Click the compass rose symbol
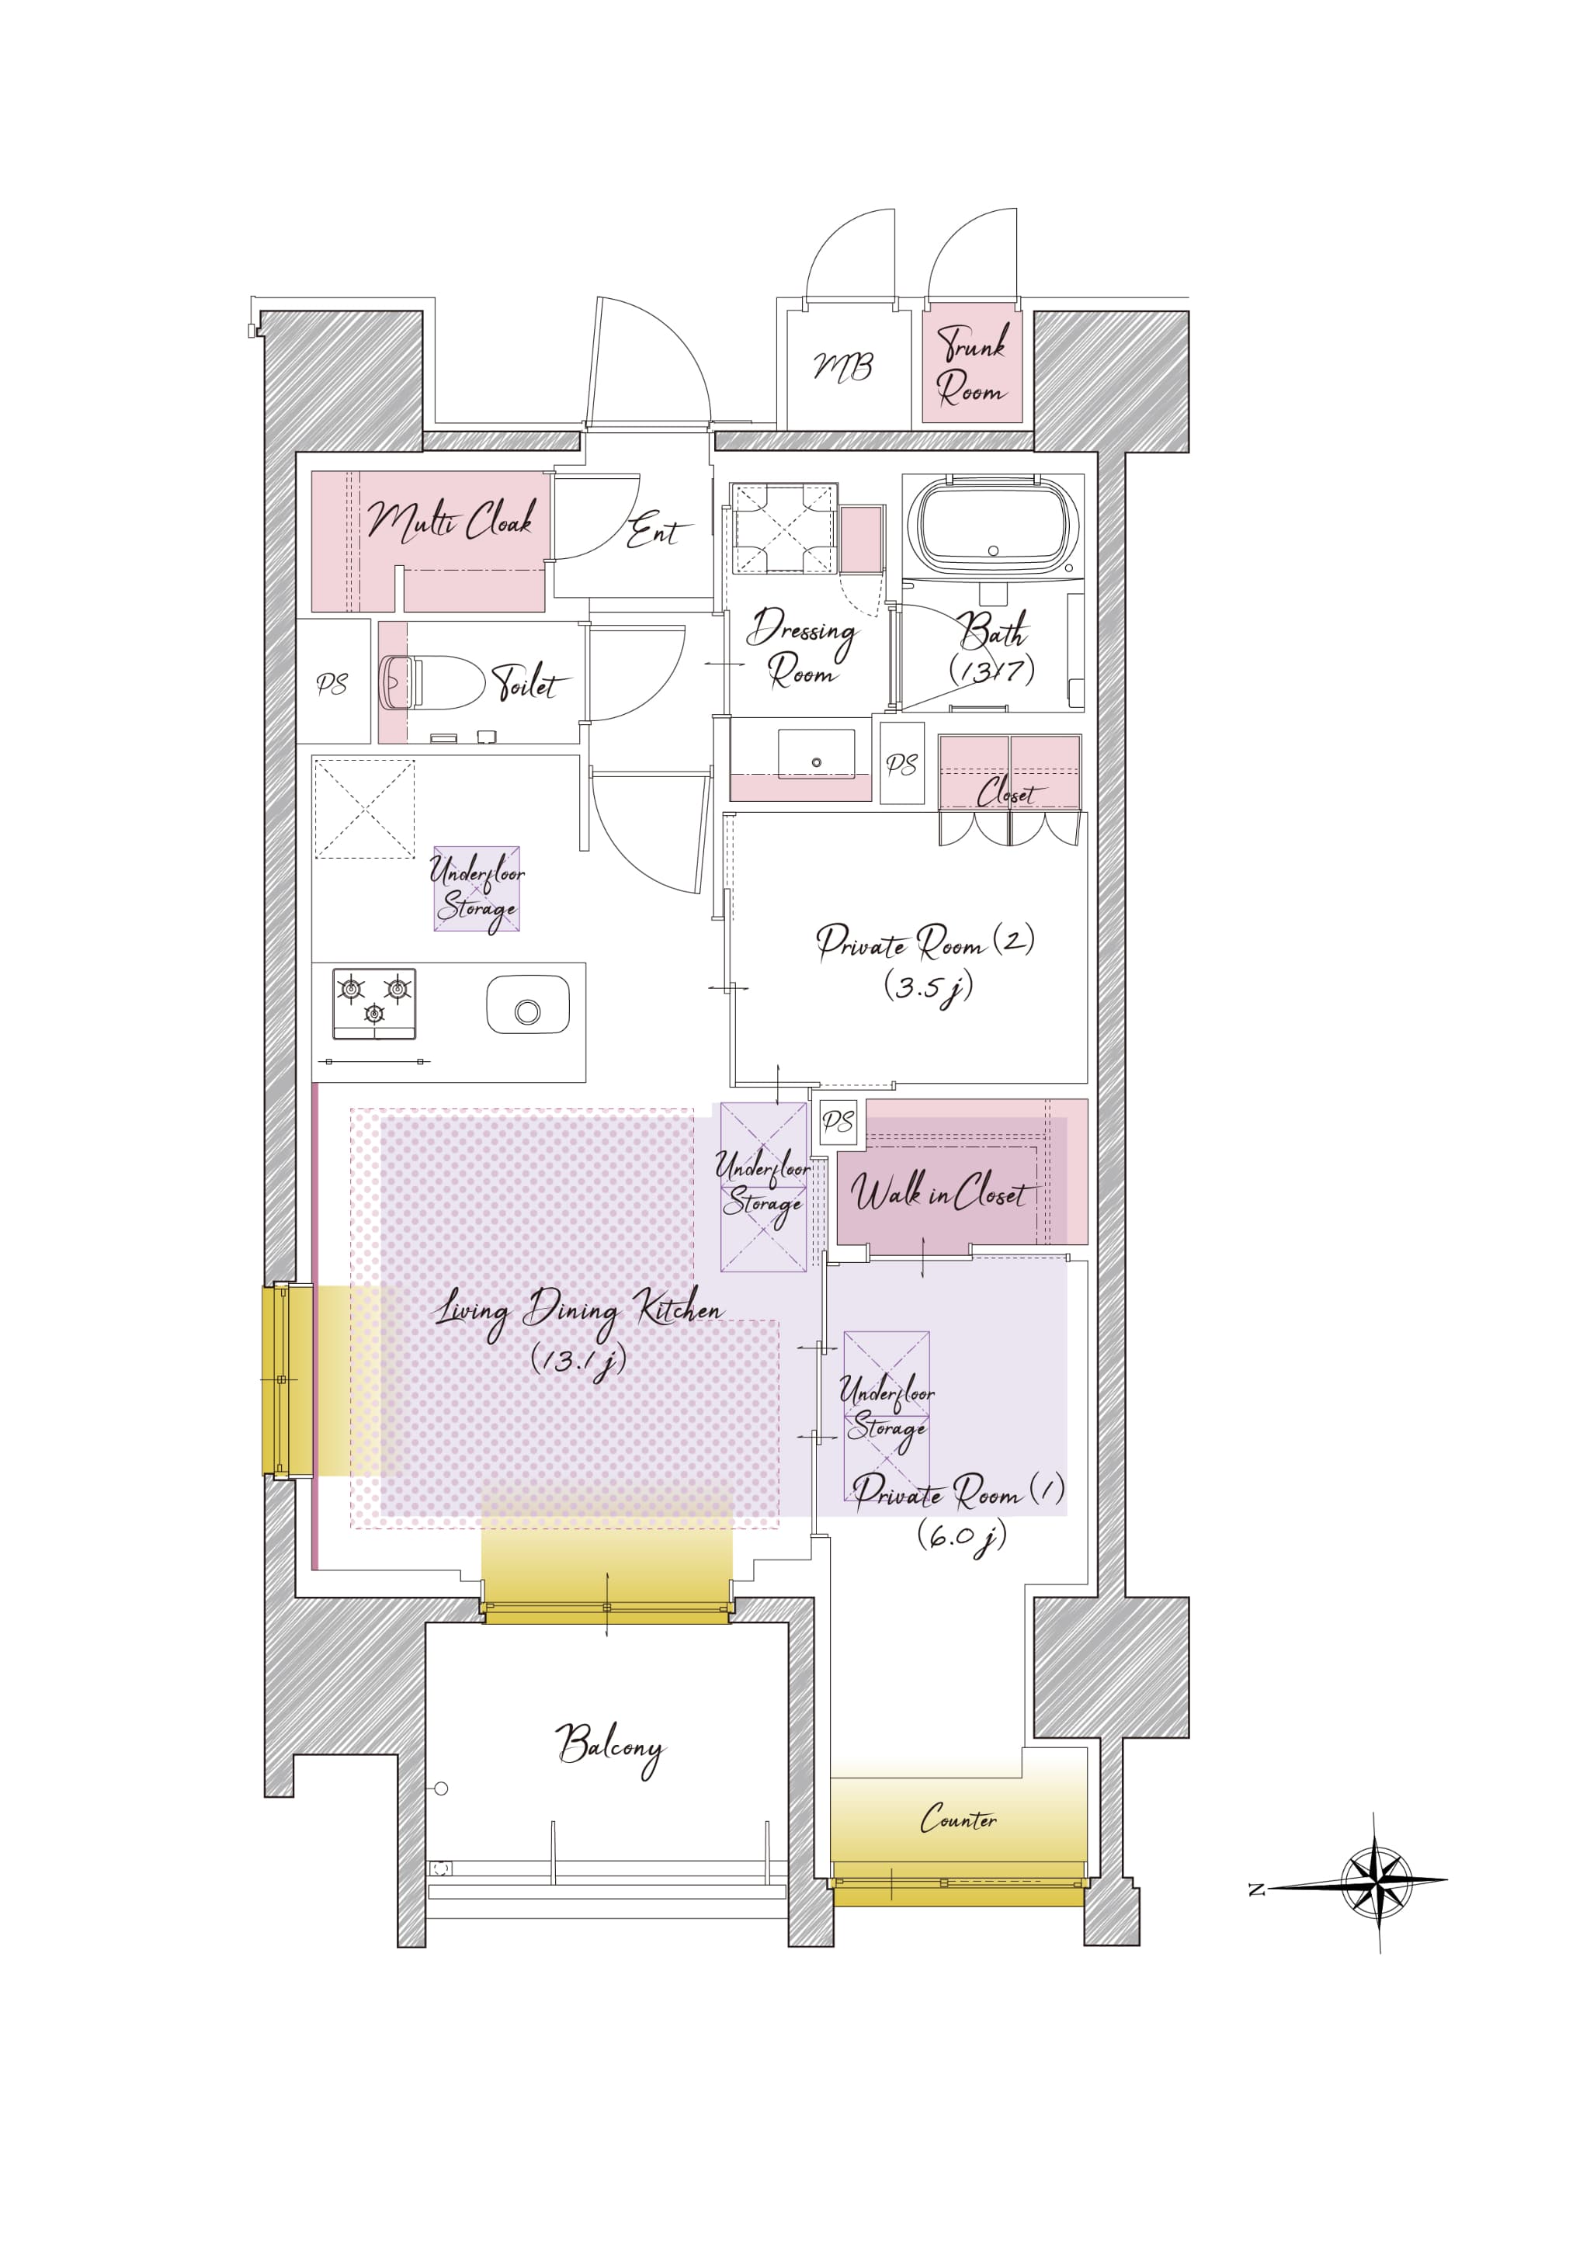click(x=1377, y=1882)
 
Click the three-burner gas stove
click(x=374, y=1004)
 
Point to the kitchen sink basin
click(x=528, y=1005)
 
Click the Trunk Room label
click(x=972, y=365)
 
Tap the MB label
click(x=842, y=367)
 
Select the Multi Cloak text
click(x=451, y=519)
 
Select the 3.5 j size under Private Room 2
click(x=928, y=987)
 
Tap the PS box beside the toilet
click(x=333, y=682)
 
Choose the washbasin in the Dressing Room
click(x=816, y=755)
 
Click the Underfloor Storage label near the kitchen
click(x=477, y=890)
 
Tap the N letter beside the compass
click(x=1256, y=1889)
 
